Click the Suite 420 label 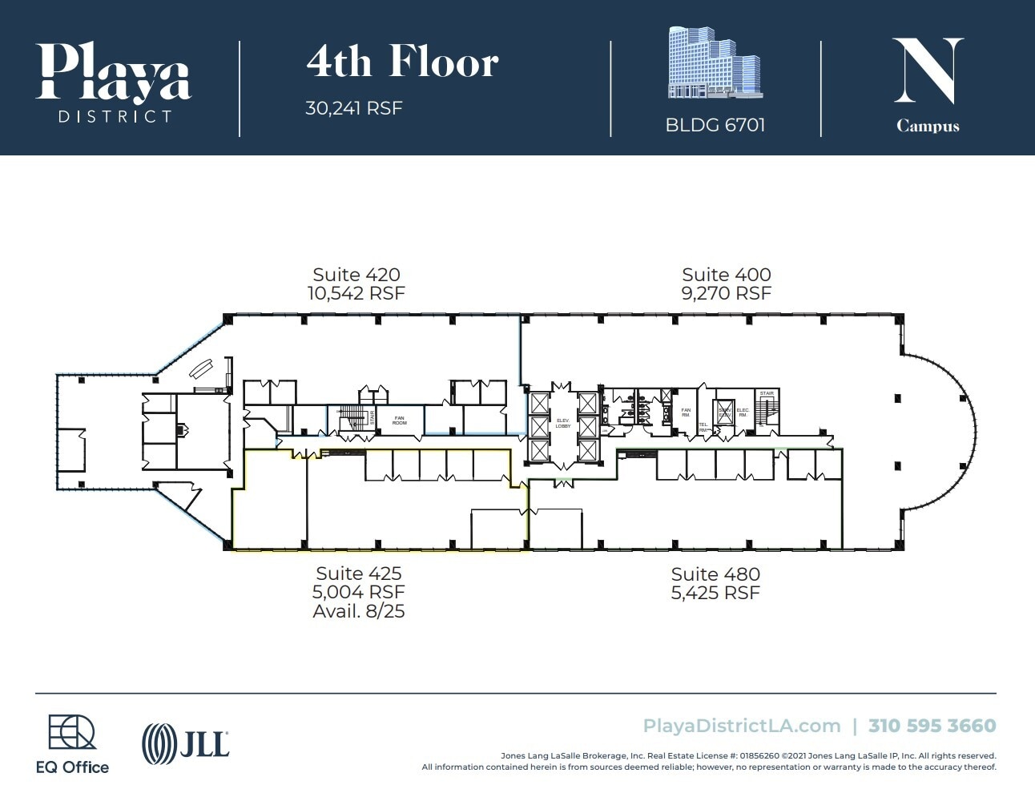pos(356,275)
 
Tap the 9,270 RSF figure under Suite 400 pos(726,294)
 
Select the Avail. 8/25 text pos(358,611)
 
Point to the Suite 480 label pos(715,574)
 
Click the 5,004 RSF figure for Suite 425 pos(358,593)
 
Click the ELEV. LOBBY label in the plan pos(563,423)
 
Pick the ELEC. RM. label pos(743,412)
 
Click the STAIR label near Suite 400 pos(767,393)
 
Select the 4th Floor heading pos(402,62)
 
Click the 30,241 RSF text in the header pos(353,108)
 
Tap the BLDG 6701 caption pos(715,125)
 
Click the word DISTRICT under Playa pos(115,117)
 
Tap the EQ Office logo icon pos(71,733)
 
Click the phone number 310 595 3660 pos(932,726)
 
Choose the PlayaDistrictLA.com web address pos(741,726)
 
